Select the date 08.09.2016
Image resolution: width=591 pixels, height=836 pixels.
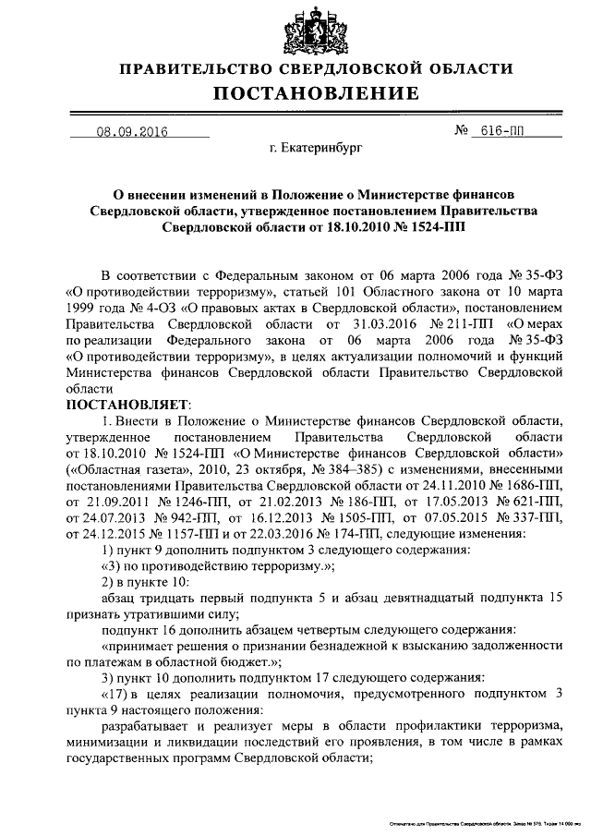click(131, 131)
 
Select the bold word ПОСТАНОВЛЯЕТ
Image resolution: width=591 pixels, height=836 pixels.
click(127, 406)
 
